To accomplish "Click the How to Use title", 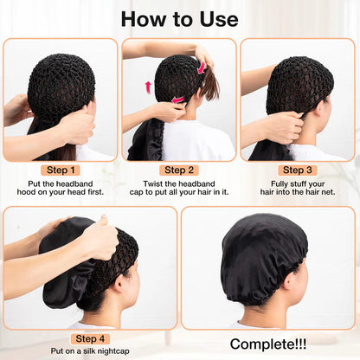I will click(x=179, y=18).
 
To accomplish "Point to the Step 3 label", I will click(x=299, y=170).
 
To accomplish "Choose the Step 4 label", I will click(x=91, y=338).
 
